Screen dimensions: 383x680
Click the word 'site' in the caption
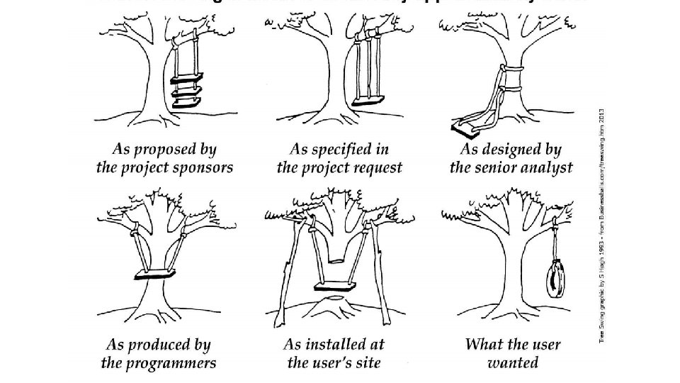click(368, 363)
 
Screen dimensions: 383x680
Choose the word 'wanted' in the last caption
click(513, 364)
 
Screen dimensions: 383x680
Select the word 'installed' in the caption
click(337, 345)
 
